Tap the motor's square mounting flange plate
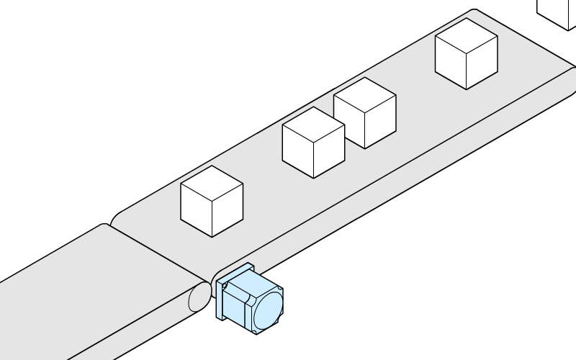[x=219, y=300]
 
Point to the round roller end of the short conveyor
[x=198, y=297]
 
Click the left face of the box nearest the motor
[x=196, y=212]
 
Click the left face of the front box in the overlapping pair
[x=297, y=153]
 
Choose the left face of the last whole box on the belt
[x=451, y=65]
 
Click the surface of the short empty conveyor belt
[x=86, y=288]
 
